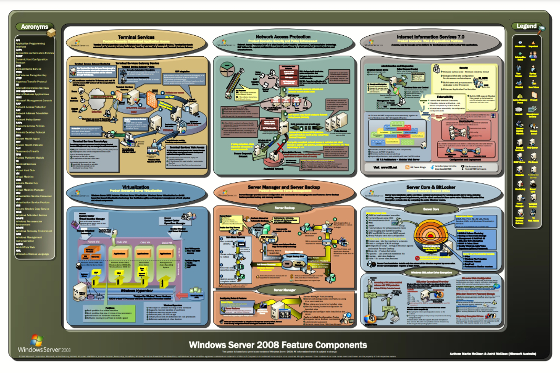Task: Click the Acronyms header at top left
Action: click(x=35, y=27)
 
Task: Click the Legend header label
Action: click(x=526, y=26)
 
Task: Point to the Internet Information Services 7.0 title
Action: click(x=431, y=37)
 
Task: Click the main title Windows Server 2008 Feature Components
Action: click(x=278, y=345)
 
